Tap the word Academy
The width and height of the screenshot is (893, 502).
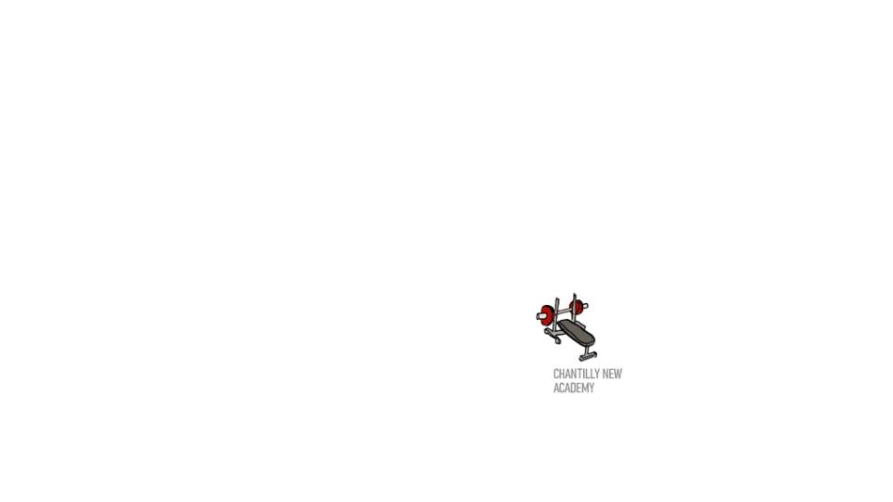573,388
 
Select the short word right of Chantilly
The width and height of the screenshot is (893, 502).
612,374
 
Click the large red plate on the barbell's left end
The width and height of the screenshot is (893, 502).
547,315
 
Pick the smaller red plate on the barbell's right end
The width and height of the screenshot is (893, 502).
575,306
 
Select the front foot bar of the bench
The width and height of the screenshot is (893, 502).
587,357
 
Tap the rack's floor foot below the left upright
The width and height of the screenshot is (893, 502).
558,339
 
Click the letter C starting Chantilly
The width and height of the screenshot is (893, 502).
555,374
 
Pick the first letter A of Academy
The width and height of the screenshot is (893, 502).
555,388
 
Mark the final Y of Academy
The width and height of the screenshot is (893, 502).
591,388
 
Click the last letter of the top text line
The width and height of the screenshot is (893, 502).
619,374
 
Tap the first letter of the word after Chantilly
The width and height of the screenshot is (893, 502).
606,374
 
